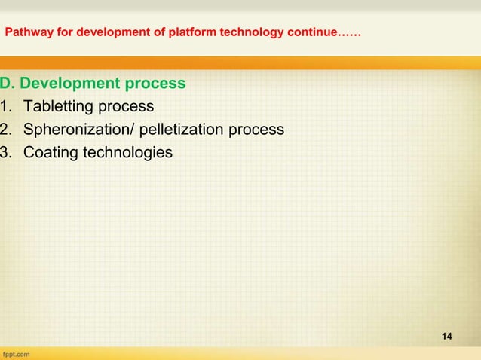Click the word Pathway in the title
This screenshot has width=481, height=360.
(27, 34)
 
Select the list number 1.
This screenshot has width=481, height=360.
(7, 105)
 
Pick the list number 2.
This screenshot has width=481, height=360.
(7, 130)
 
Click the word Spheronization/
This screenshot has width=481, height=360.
(75, 130)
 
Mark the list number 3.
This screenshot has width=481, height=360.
(7, 154)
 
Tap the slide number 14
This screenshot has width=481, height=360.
(447, 334)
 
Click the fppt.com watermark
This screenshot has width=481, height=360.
(16, 352)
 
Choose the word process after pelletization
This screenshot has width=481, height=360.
(256, 130)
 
